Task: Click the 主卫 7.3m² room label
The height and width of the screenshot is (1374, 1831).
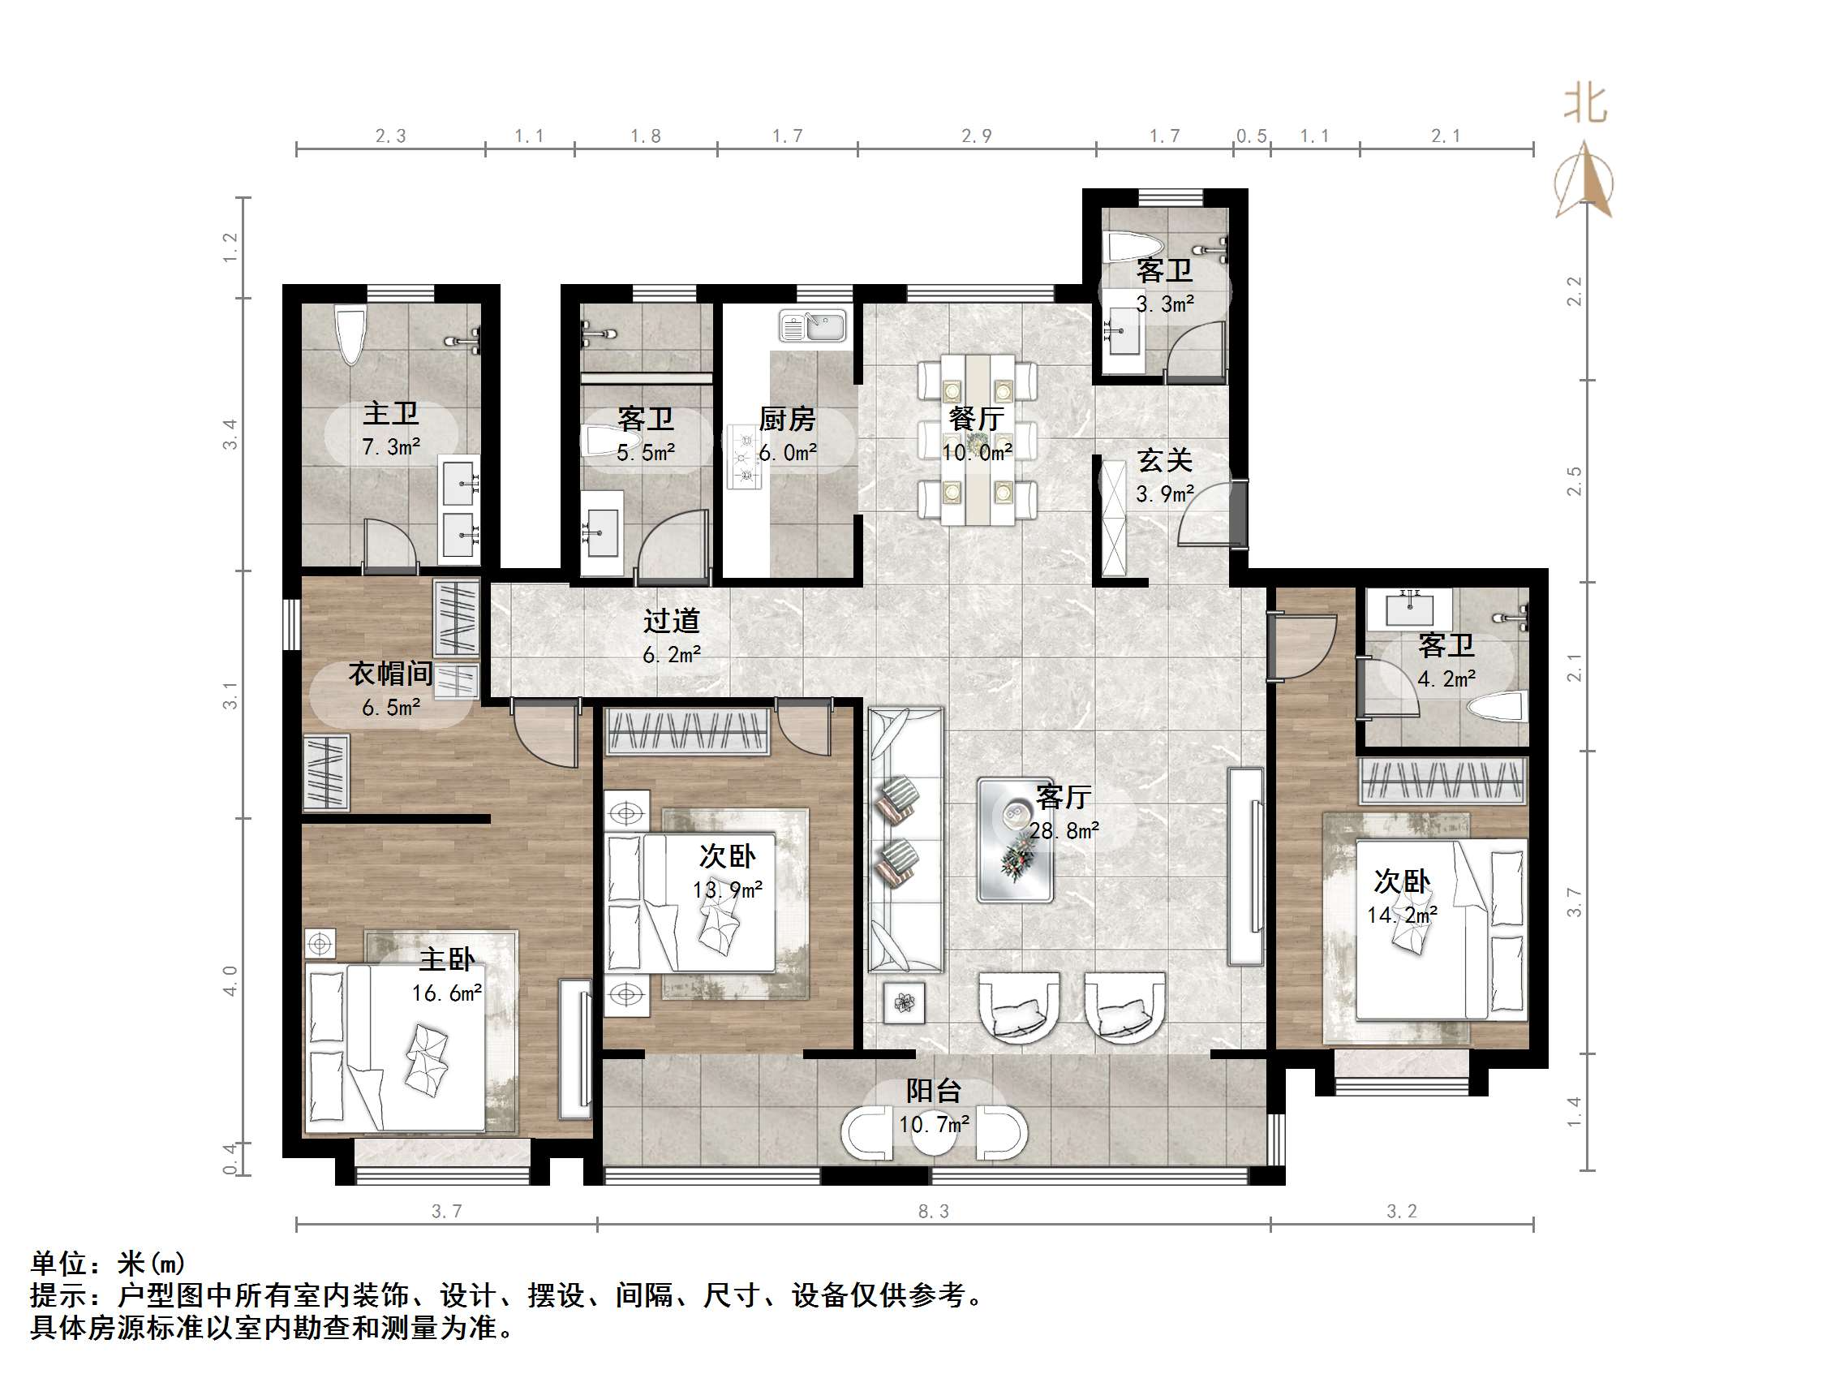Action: click(x=391, y=429)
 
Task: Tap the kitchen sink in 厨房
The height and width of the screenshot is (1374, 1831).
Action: click(x=812, y=325)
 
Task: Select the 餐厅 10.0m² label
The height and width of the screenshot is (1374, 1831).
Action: click(x=977, y=435)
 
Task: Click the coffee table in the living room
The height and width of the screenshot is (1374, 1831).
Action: click(x=1015, y=839)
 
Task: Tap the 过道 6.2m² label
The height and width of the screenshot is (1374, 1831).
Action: click(x=671, y=636)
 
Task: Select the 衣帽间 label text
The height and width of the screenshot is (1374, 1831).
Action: click(x=391, y=674)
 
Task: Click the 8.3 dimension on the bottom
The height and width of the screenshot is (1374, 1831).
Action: click(x=933, y=1212)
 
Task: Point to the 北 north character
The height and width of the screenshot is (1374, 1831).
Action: click(x=1584, y=106)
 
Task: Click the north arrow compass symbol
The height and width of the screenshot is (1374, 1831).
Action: click(x=1584, y=183)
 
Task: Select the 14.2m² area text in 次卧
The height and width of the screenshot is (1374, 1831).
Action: click(x=1401, y=915)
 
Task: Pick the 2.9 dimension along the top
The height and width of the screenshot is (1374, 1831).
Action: click(x=976, y=136)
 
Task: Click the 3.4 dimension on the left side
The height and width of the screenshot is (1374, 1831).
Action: click(x=230, y=434)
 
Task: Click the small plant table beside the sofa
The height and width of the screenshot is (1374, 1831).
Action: click(x=904, y=1003)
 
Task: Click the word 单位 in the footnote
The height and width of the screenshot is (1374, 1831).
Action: click(x=58, y=1263)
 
